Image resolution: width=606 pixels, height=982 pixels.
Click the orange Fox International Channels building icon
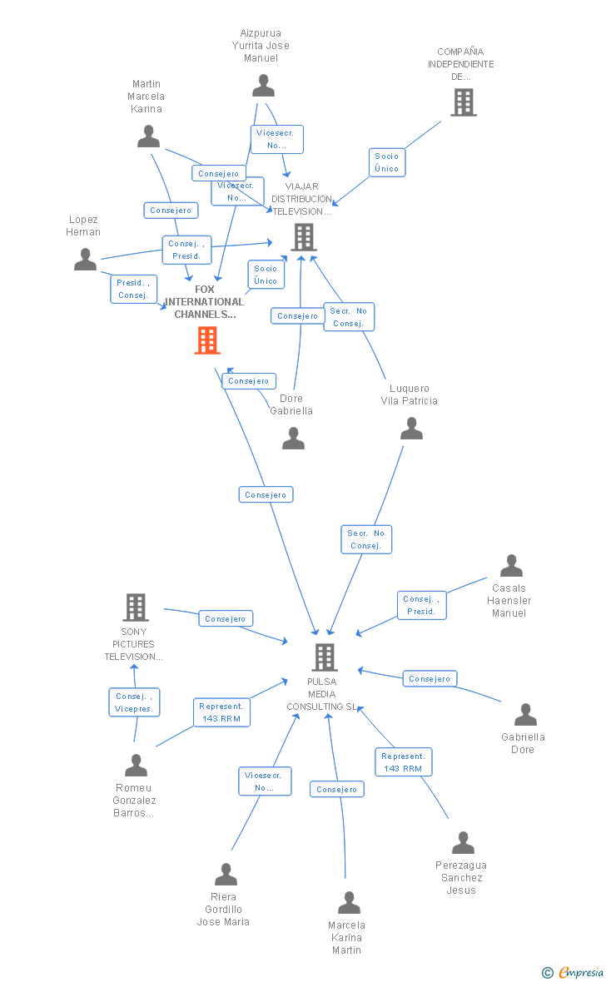206,340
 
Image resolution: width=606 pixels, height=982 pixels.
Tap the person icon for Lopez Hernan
85,260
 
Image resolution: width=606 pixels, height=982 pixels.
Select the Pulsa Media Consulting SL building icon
324,657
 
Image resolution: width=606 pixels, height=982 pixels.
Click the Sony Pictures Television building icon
136,608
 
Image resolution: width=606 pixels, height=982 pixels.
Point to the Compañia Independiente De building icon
464,102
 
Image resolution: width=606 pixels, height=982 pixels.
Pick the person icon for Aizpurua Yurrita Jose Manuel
263,86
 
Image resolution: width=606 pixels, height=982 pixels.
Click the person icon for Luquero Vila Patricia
411,429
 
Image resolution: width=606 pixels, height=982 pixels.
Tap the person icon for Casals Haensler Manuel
511,566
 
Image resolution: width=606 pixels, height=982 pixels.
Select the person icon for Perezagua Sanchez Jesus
463,843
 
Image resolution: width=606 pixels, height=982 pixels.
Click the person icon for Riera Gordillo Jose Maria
226,875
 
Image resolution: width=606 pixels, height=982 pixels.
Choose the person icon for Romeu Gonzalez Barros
136,765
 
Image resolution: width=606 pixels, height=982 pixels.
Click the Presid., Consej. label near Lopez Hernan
133,289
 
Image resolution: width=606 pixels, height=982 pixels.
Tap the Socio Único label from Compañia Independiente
386,162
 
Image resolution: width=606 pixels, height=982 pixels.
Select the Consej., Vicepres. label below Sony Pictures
134,702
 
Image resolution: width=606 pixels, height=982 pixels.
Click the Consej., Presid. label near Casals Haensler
421,605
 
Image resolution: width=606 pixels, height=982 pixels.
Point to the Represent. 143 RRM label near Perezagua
403,762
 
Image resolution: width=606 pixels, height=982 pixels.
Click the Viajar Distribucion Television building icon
303,238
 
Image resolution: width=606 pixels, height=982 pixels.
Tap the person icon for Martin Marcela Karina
148,136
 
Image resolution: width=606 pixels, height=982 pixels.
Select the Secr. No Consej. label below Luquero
365,539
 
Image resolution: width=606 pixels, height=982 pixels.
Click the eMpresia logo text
580,972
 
